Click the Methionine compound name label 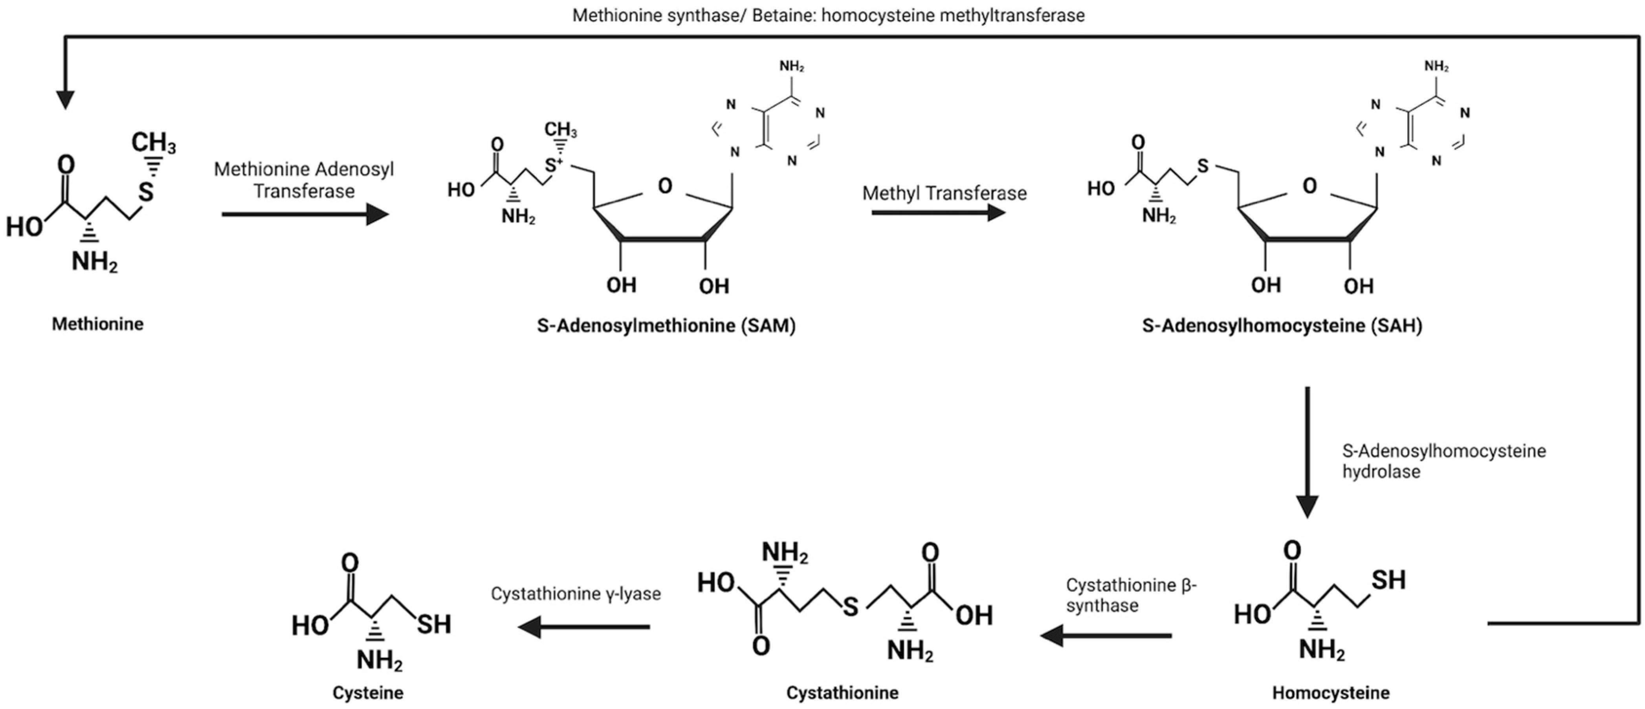(x=98, y=324)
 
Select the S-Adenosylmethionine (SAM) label (x=666, y=326)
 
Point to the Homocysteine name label (x=1331, y=692)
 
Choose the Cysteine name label (x=368, y=692)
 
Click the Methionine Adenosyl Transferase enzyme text (x=304, y=180)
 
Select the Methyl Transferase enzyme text (x=944, y=193)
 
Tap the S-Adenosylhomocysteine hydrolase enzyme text (x=1443, y=461)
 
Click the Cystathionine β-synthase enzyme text (x=1130, y=595)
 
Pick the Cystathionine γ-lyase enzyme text (x=575, y=593)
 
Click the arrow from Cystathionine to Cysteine (x=583, y=626)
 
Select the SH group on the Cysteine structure (x=434, y=624)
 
